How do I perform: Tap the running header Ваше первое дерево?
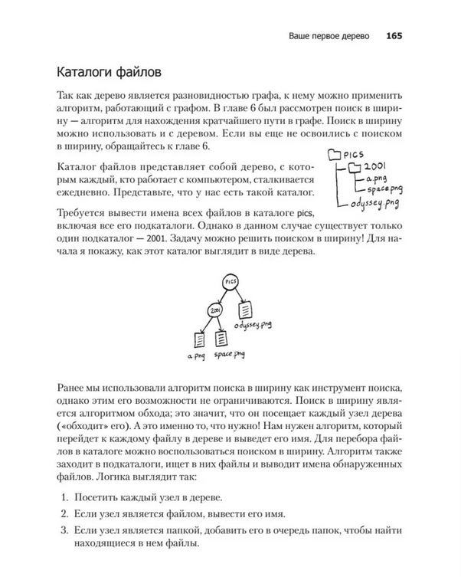pyautogui.click(x=325, y=35)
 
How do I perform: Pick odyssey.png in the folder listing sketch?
pyautogui.click(x=375, y=203)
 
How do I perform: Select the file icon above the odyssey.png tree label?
pyautogui.click(x=246, y=310)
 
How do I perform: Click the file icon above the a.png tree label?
pyautogui.click(x=197, y=338)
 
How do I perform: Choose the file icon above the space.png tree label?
pyautogui.click(x=222, y=338)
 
